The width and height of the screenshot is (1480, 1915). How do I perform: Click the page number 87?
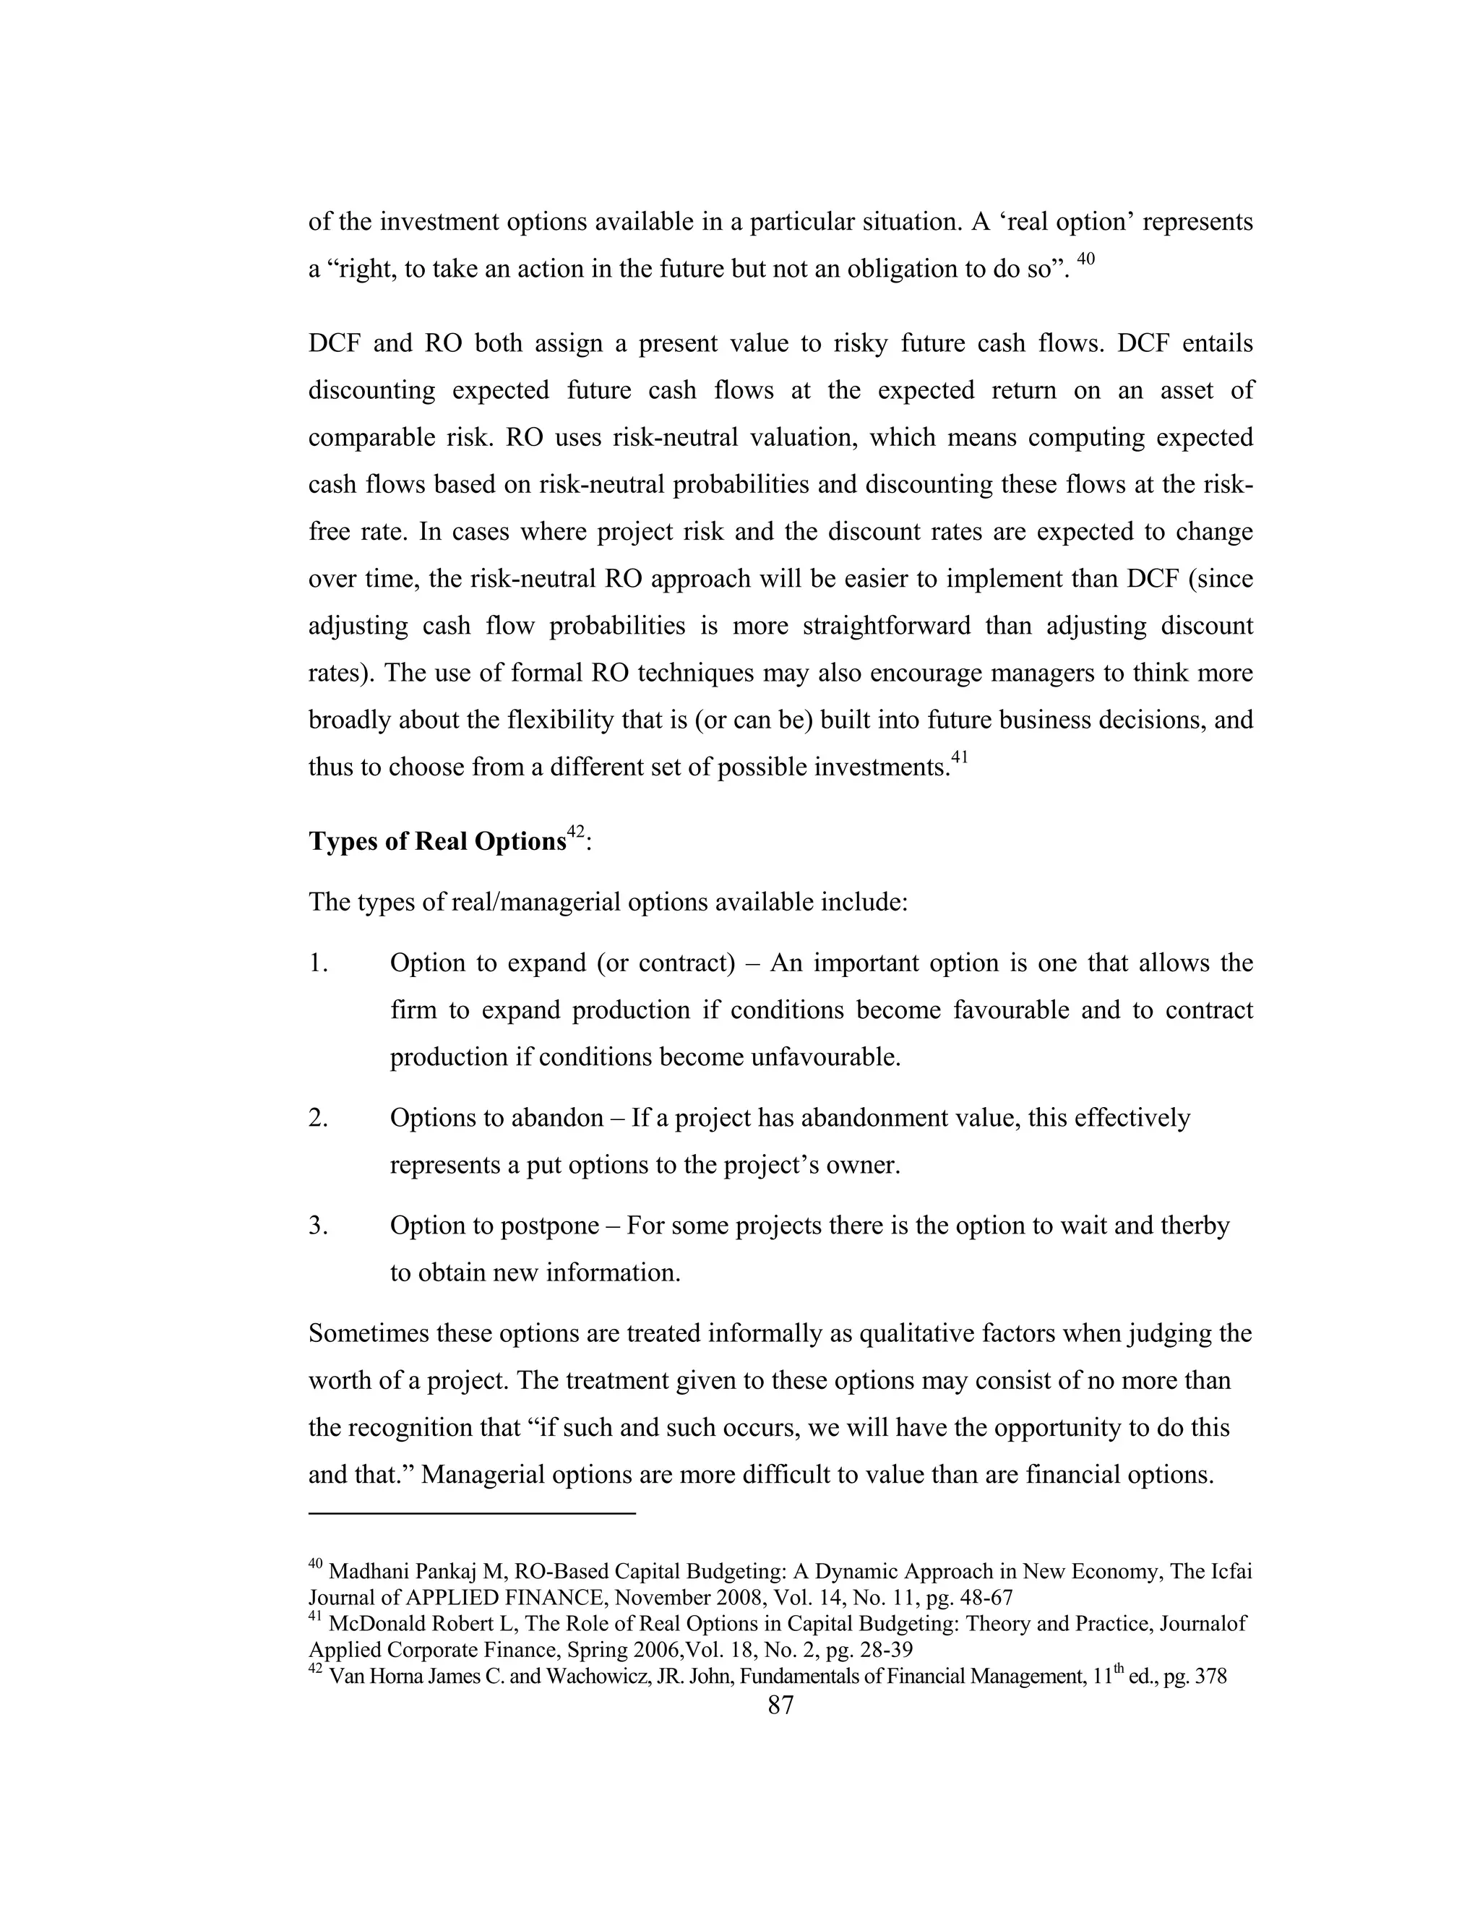click(x=780, y=1705)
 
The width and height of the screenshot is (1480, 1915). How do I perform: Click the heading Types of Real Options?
click(x=436, y=842)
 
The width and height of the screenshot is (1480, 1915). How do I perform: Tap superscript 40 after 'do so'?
click(x=1085, y=259)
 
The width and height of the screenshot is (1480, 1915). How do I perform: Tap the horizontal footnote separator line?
click(x=472, y=1513)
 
